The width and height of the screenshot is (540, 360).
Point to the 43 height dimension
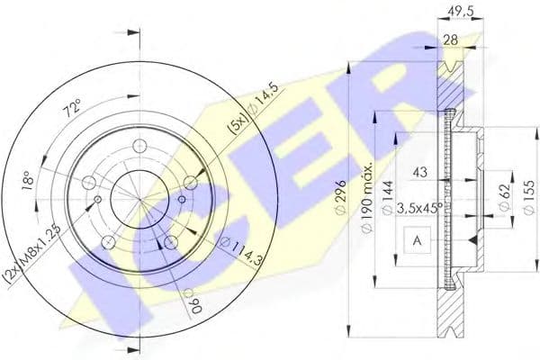(x=418, y=171)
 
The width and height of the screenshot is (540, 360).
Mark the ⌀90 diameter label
(x=190, y=300)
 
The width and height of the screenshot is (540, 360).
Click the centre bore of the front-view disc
(x=137, y=193)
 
